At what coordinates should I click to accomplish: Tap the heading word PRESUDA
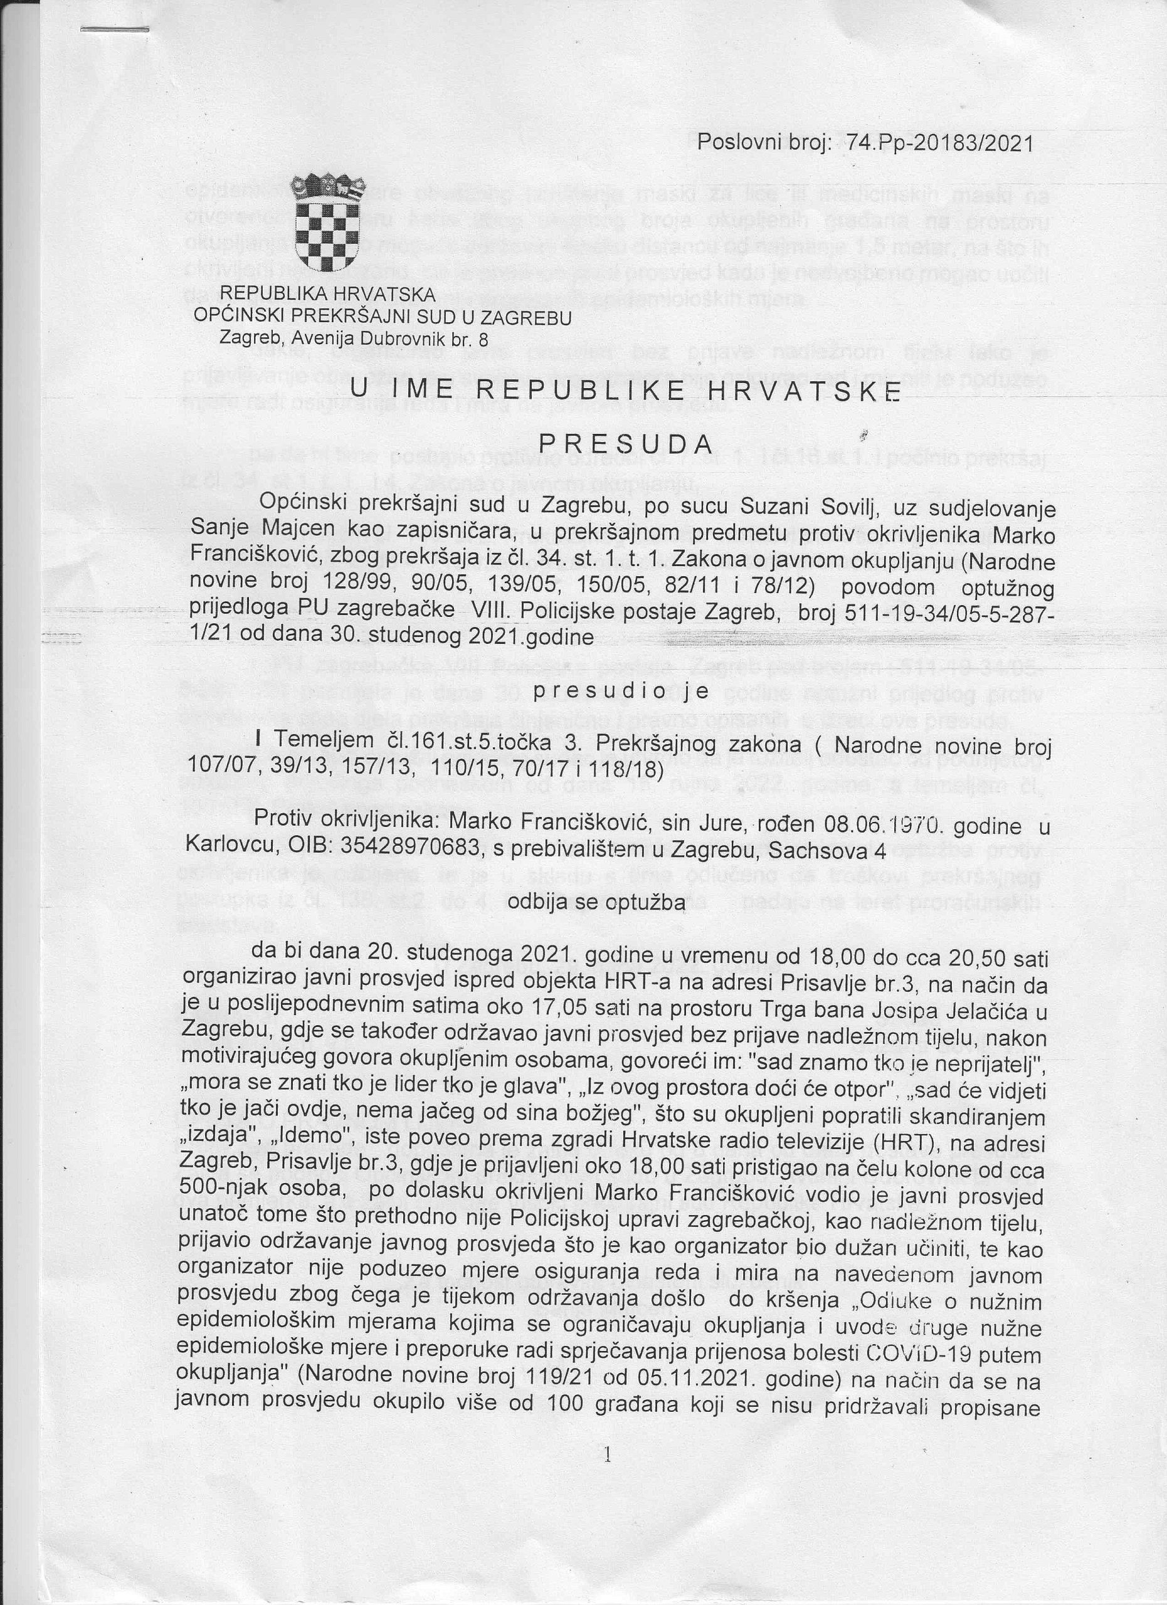[626, 443]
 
